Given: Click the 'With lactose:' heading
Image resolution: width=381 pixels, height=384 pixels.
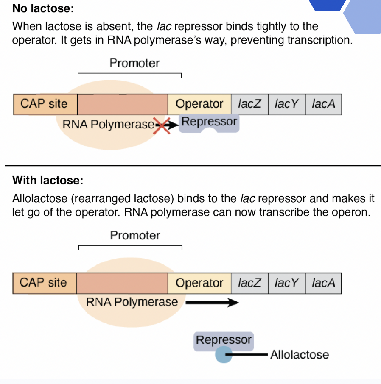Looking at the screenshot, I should click(48, 181).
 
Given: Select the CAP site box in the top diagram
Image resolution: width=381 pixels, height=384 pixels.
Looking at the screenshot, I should click(45, 104).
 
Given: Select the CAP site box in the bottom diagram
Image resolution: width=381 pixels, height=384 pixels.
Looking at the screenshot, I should click(45, 283).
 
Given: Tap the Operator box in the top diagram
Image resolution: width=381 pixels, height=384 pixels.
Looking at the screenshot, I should click(199, 104).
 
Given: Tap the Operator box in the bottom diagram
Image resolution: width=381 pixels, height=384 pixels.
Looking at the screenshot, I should click(199, 283).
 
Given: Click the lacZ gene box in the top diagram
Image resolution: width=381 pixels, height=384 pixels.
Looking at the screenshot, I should click(249, 104).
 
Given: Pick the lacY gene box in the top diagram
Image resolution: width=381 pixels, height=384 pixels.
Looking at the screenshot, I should click(287, 104).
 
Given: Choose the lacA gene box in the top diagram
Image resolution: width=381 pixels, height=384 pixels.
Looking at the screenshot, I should click(323, 104).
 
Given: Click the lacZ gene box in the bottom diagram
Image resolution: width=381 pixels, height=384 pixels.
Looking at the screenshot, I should click(249, 283).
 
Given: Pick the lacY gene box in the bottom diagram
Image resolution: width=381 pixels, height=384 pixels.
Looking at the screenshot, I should click(287, 283).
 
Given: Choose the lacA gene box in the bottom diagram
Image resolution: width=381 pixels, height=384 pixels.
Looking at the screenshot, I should click(323, 283).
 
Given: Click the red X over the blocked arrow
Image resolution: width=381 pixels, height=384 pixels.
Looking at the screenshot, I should click(162, 125).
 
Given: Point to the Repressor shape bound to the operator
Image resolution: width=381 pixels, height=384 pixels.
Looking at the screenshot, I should click(209, 123).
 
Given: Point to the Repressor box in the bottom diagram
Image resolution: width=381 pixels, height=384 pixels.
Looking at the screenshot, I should click(224, 340).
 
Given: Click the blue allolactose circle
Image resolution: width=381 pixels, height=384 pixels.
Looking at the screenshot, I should click(223, 354).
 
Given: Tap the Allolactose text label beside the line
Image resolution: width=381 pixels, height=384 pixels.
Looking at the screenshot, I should click(300, 355).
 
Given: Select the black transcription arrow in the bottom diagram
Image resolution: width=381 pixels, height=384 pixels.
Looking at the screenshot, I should click(212, 303).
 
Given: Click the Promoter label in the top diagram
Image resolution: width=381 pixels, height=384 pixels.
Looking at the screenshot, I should click(134, 63).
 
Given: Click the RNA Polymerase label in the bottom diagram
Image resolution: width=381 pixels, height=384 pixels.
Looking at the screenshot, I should click(132, 302).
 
